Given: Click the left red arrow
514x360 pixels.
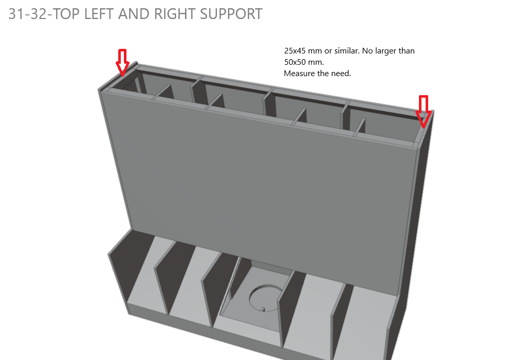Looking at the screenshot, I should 122,62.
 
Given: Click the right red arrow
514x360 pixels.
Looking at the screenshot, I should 423,111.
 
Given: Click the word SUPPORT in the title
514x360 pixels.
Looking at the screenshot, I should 229,14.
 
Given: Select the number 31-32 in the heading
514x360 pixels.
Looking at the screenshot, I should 26,14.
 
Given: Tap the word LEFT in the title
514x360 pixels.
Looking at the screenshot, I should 100,14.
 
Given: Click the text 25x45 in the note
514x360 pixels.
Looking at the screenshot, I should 294,51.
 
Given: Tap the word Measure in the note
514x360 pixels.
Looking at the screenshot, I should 298,74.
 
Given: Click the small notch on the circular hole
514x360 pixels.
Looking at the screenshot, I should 262,309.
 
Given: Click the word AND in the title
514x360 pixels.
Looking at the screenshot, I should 134,14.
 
